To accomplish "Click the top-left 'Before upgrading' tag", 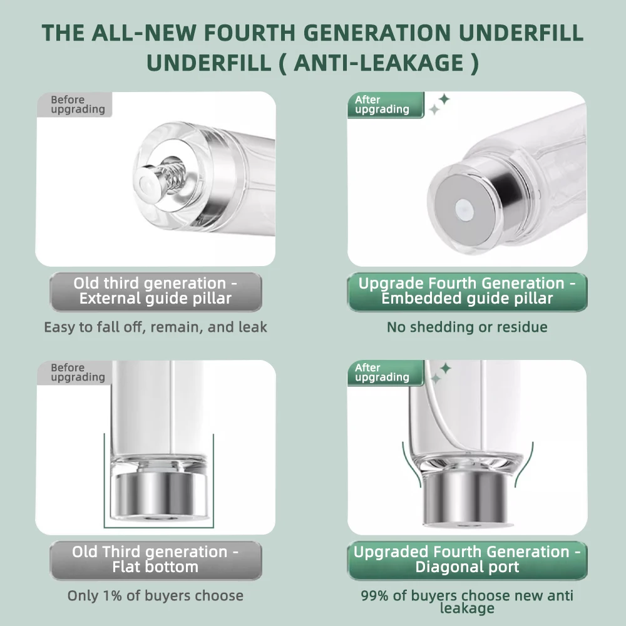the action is click(75, 105).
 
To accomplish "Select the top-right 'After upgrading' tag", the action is click(386, 105).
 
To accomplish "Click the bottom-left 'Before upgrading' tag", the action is click(75, 372).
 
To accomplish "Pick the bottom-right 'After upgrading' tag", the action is click(386, 373).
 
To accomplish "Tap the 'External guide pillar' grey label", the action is click(156, 292).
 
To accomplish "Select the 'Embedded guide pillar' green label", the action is click(467, 292).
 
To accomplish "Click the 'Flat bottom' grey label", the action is click(156, 560).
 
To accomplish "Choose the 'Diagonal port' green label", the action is click(467, 560).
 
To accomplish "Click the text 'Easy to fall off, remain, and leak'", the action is click(155, 327).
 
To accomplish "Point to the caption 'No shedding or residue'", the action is click(467, 327).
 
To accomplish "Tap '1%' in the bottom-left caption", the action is click(112, 596).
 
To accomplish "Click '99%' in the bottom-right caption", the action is click(374, 596).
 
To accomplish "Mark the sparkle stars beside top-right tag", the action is click(439, 104).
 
